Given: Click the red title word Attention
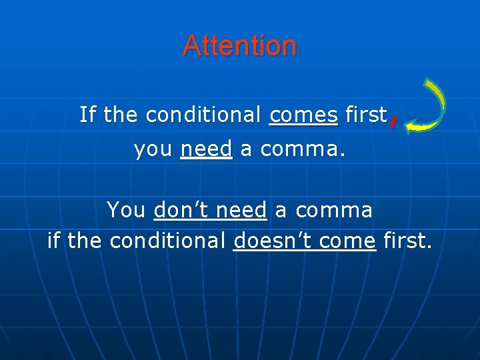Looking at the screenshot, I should [x=239, y=45].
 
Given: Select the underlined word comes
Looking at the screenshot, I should [x=303, y=115].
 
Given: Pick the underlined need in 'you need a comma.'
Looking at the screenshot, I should [x=206, y=149].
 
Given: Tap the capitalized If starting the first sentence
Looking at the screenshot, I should [x=87, y=115].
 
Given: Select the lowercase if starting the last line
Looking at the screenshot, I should [x=54, y=240].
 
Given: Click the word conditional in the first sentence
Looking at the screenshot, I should [x=203, y=115].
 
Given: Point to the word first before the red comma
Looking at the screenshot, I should [x=366, y=115].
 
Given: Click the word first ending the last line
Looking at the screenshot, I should [x=407, y=240].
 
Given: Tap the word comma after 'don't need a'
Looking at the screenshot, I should [x=333, y=210].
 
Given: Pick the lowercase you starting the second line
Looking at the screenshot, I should [x=153, y=149].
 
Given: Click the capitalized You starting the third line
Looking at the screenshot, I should [x=126, y=210].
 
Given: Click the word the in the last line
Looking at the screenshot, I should [x=85, y=240].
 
